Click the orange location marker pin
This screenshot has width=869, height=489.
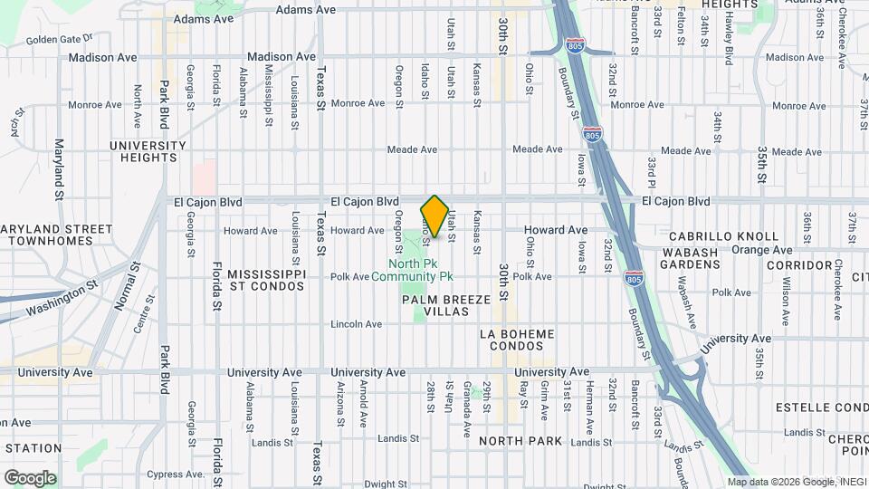click(x=435, y=217)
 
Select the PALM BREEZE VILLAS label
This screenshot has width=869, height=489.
click(x=446, y=305)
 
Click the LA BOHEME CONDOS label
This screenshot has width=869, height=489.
click(x=516, y=340)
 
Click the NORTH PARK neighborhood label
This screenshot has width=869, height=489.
click(x=520, y=441)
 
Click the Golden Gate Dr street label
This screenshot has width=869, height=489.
click(x=60, y=40)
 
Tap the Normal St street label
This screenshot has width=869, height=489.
click(x=124, y=285)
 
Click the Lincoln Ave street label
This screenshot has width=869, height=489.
click(x=357, y=323)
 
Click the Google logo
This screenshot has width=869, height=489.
click(x=30, y=477)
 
